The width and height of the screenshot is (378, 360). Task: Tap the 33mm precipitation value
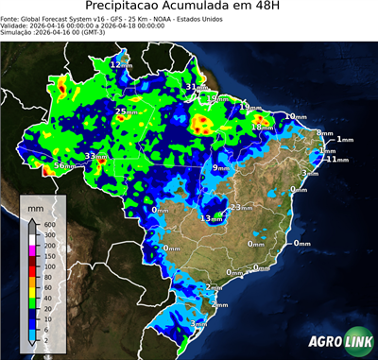coord(94,156)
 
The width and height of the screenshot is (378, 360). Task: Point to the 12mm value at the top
coord(121,64)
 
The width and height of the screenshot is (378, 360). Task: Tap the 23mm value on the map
coord(240,206)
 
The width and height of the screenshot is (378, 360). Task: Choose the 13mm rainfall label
coord(210,218)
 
